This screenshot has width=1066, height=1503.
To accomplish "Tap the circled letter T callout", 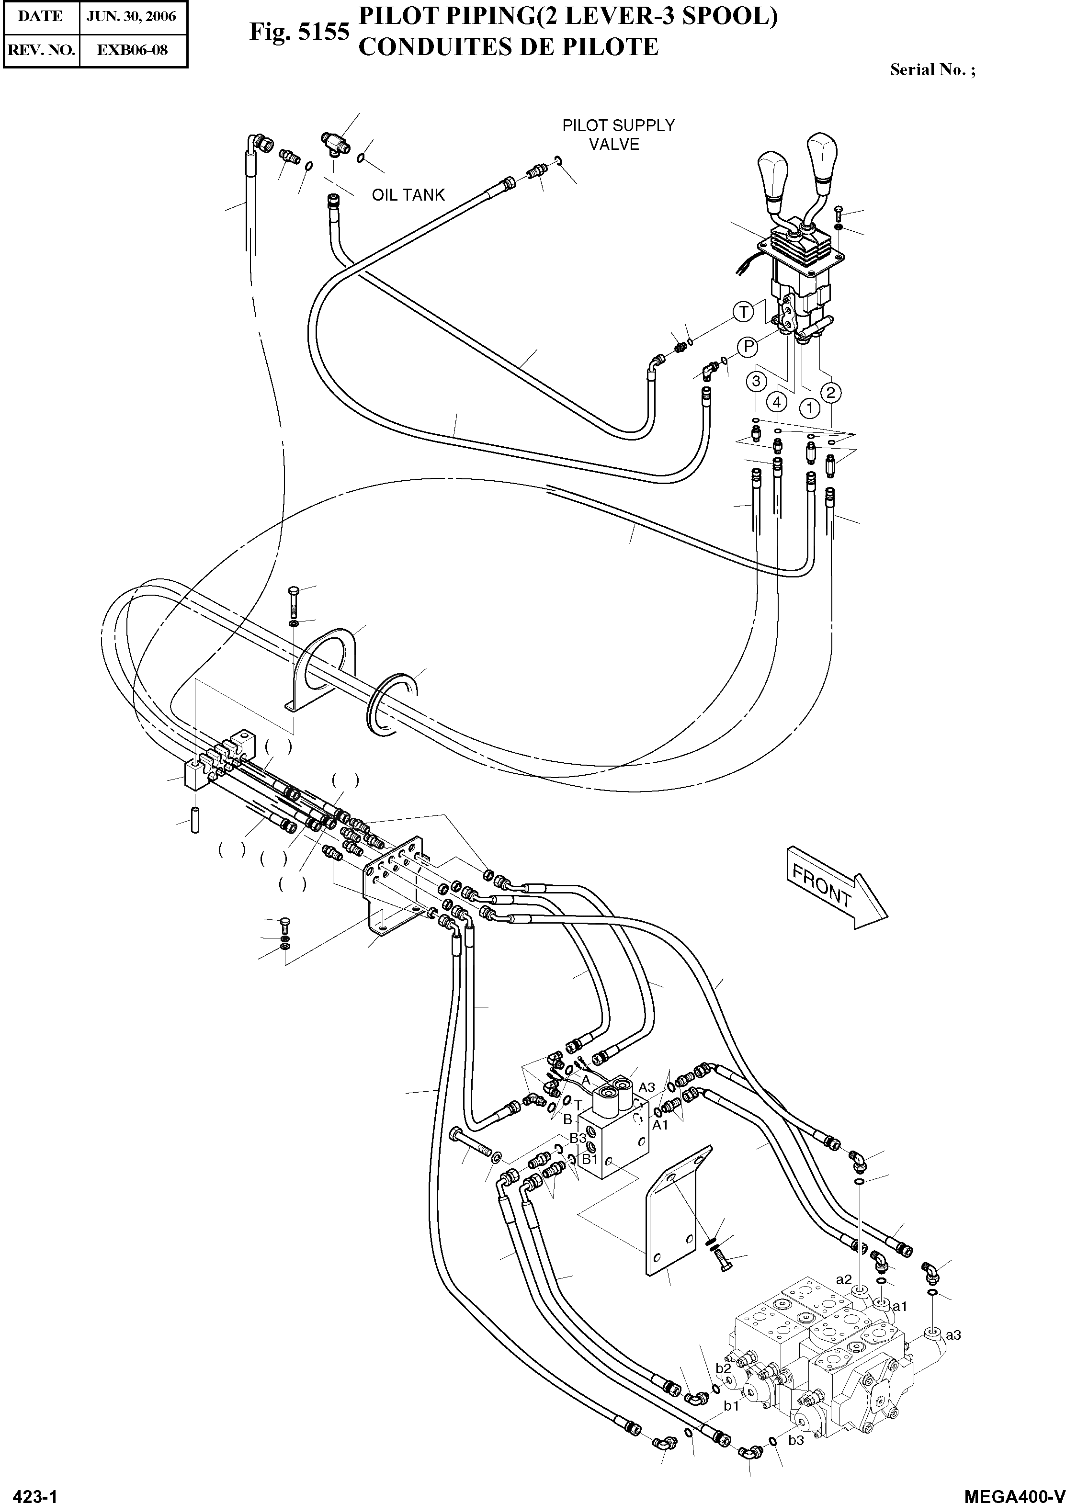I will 743,312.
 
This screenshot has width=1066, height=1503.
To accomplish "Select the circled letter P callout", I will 747,347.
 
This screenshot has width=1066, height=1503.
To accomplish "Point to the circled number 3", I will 756,381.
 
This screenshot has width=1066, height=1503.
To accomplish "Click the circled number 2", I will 830,393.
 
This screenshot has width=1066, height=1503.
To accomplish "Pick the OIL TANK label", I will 408,195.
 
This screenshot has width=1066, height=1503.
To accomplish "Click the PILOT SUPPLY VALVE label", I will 618,135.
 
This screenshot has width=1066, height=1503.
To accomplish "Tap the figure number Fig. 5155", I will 299,32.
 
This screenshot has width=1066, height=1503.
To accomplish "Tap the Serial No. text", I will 932,70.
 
